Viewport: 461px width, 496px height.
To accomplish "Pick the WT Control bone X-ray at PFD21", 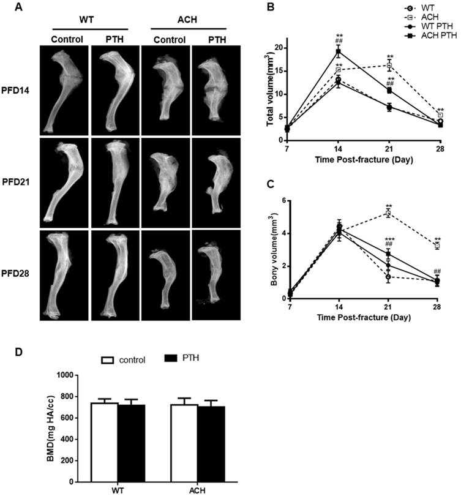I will tap(64, 182).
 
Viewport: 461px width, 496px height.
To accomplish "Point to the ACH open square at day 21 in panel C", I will tap(389, 213).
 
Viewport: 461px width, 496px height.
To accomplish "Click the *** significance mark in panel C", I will tap(388, 239).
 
